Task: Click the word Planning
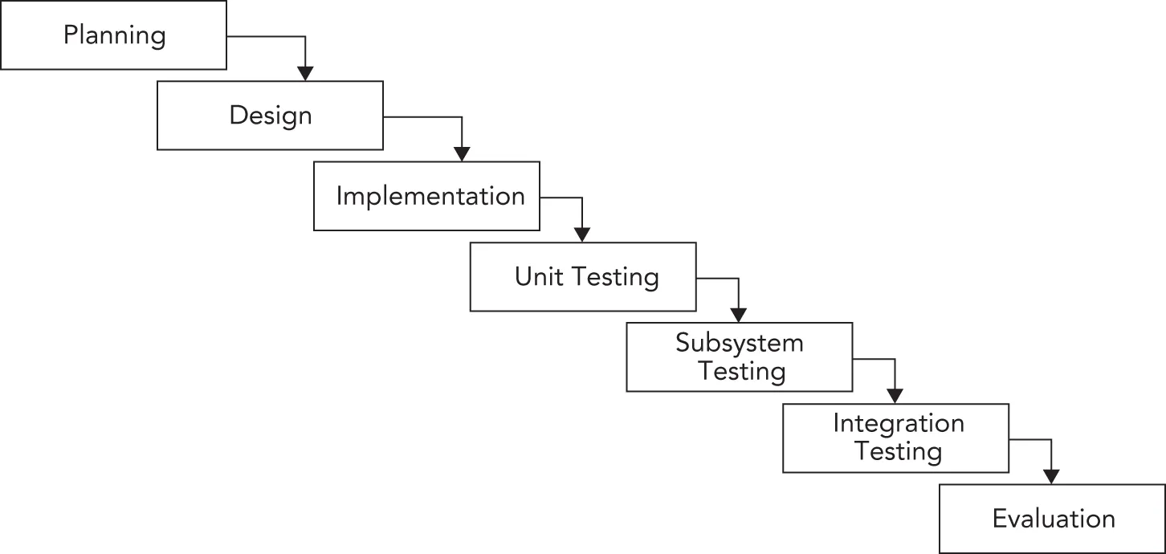point(115,36)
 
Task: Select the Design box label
point(271,116)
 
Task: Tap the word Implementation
point(430,196)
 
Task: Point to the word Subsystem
point(739,344)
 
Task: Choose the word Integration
point(898,423)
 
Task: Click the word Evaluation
point(1054,518)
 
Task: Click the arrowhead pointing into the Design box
point(304,73)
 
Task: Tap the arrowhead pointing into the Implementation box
point(461,153)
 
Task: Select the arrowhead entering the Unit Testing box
point(581,234)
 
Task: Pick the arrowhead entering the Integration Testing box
point(894,395)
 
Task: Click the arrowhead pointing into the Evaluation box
point(1050,476)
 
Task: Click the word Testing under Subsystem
point(741,371)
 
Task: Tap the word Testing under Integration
point(898,450)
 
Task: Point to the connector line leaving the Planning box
point(265,37)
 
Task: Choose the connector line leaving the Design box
point(422,117)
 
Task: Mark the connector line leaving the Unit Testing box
point(716,279)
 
